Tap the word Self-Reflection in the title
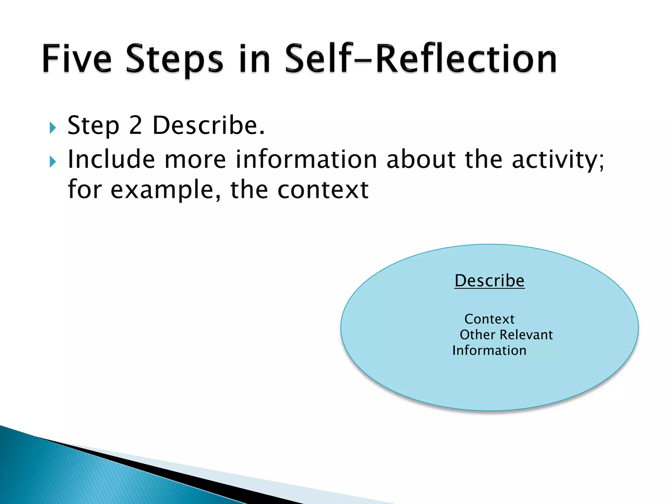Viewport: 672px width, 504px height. point(420,59)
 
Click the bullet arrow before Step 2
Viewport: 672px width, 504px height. point(53,128)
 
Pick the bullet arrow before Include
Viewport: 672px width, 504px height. point(53,161)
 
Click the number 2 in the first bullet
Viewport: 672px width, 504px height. point(136,125)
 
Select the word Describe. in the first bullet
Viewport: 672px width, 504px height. point(209,125)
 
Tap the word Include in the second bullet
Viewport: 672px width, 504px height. point(111,159)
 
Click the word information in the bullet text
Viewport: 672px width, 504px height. point(306,159)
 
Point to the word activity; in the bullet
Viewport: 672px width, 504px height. point(558,160)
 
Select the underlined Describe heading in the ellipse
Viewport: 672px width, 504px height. point(489,281)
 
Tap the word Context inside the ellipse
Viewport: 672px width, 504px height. point(489,319)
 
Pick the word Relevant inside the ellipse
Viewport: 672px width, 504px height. point(526,335)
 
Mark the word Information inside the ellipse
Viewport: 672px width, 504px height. point(489,350)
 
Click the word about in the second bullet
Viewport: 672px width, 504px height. point(421,159)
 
